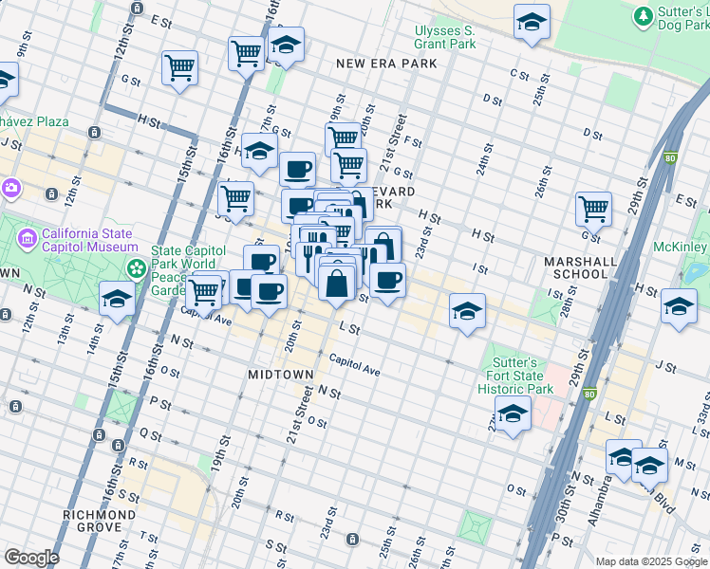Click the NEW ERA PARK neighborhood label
tap(386, 64)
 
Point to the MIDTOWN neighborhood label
tap(281, 375)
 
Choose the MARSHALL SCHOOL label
tap(575, 267)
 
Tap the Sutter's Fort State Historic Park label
tap(514, 376)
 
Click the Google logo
tap(31, 558)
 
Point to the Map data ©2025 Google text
tap(650, 561)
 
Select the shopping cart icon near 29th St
tap(593, 209)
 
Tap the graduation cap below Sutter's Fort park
tap(513, 414)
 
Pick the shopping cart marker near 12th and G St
tap(179, 67)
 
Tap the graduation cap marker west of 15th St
tap(117, 300)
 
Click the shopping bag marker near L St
tap(338, 283)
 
